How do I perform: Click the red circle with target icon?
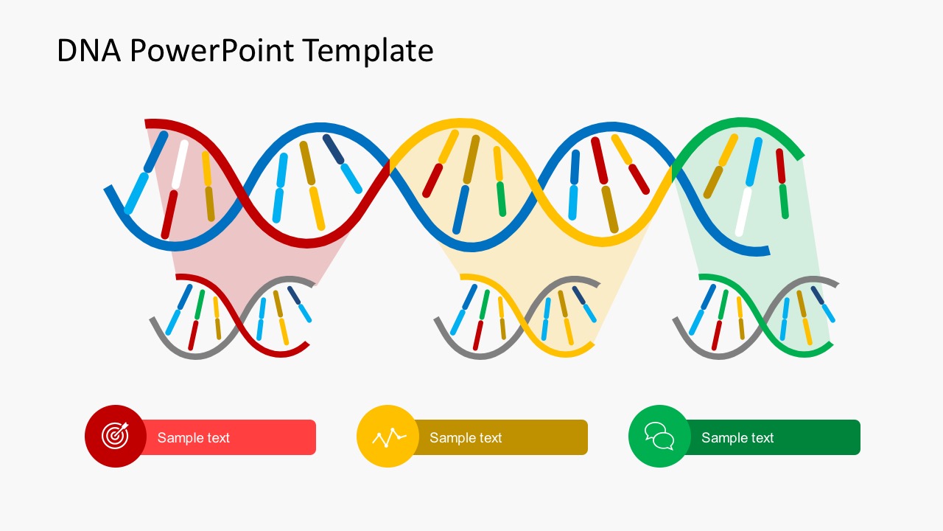click(x=115, y=436)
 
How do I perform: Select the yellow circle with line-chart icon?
click(x=388, y=436)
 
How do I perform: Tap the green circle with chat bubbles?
click(x=659, y=436)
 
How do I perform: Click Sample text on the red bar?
click(x=194, y=437)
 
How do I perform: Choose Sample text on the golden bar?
click(x=466, y=437)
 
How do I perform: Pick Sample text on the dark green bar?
click(x=737, y=437)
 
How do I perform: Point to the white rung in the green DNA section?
click(x=744, y=212)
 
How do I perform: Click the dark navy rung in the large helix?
click(x=333, y=148)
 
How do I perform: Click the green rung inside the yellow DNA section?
click(x=501, y=199)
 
